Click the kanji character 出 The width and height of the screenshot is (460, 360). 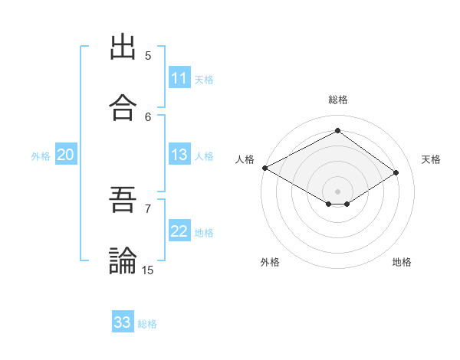123,47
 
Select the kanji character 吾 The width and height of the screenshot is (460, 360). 123,200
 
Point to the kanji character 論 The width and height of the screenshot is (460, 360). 123,261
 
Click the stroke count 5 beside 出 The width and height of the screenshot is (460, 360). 148,55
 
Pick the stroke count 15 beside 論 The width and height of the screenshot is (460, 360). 148,270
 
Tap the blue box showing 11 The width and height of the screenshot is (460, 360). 179,78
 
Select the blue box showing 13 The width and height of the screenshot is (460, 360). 179,155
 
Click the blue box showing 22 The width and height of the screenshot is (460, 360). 179,231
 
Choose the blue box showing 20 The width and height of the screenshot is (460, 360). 66,155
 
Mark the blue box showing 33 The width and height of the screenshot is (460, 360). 123,322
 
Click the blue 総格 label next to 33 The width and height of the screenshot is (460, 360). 148,324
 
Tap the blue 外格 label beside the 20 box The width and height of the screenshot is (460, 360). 41,156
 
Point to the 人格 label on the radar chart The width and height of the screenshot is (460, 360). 245,159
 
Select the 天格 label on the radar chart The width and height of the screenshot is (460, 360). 431,159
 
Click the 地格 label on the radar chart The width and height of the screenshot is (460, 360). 402,262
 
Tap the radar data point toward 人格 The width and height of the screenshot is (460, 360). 264,168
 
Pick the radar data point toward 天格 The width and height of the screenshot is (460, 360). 396,173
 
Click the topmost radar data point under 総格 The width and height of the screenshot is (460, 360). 337,131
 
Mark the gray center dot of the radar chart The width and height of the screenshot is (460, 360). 337,191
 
